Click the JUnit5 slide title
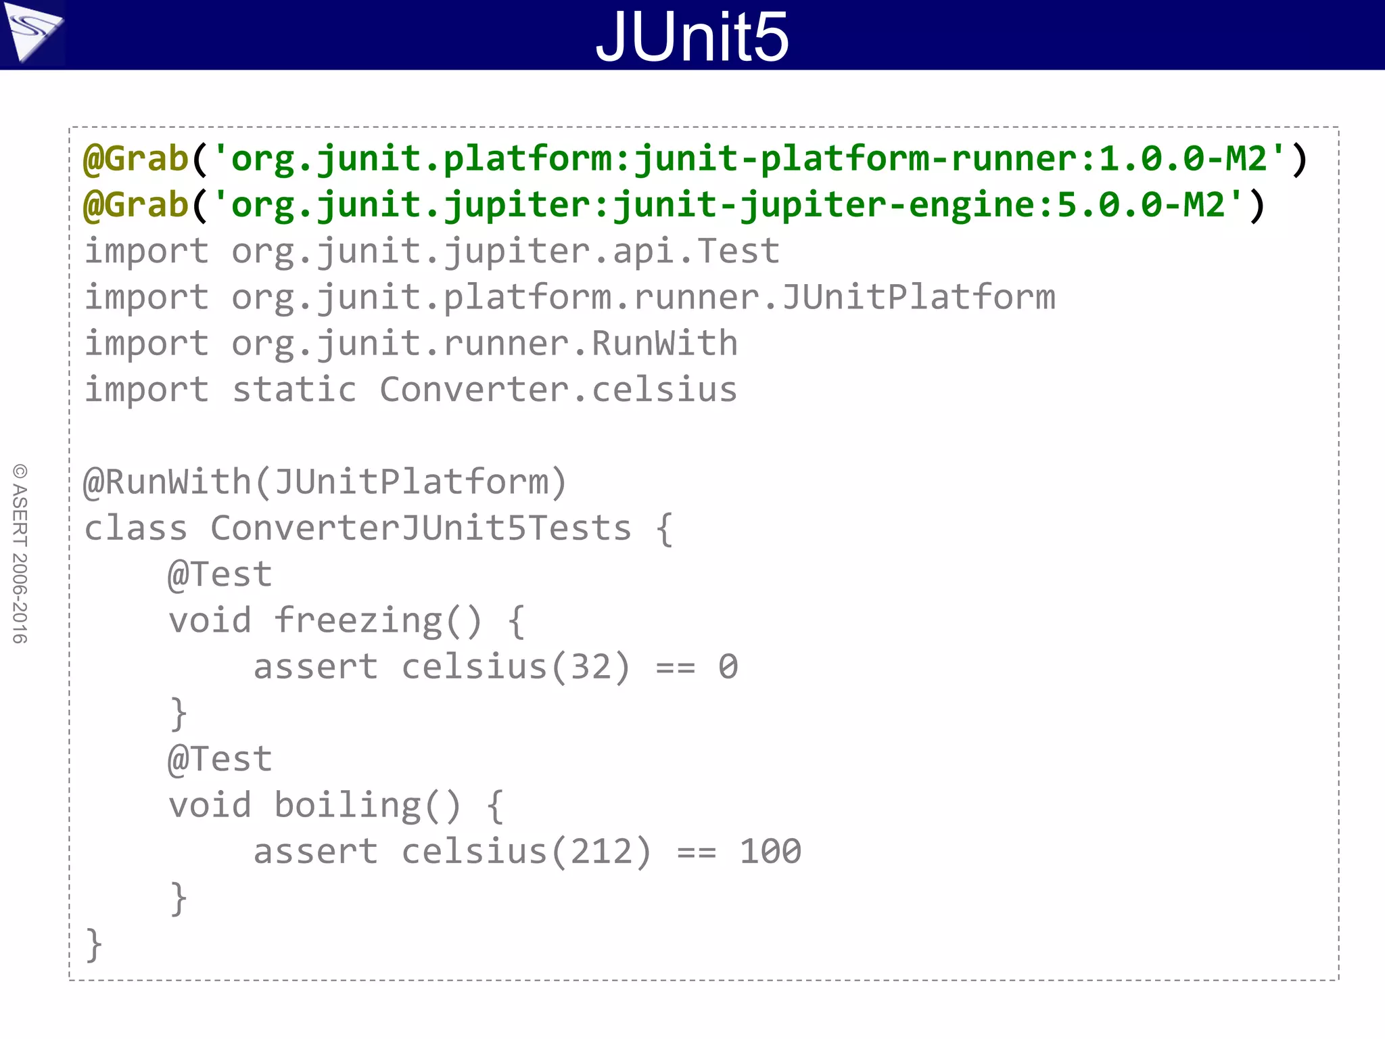[692, 37]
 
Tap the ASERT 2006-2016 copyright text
[20, 553]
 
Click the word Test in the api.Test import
[738, 252]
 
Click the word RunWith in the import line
[664, 344]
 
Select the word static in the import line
[294, 390]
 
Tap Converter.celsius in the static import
[558, 390]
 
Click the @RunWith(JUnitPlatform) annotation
[325, 482]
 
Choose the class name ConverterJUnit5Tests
[421, 528]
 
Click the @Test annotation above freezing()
[220, 575]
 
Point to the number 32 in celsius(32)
[590, 667]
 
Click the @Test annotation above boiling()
[220, 760]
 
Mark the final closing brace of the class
[93, 944]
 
